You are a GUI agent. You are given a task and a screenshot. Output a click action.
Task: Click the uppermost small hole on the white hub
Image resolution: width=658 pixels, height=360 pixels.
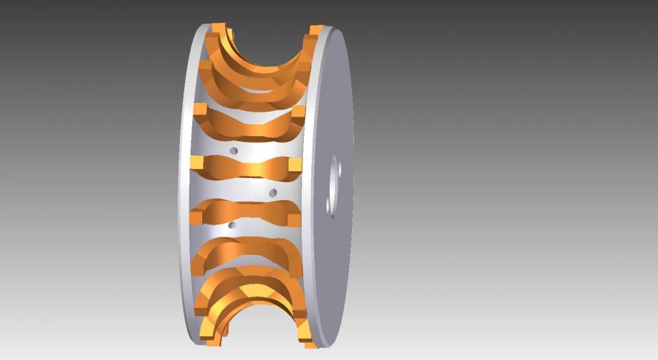(x=233, y=150)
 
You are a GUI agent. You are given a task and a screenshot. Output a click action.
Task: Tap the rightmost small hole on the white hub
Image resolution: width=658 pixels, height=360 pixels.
(x=273, y=192)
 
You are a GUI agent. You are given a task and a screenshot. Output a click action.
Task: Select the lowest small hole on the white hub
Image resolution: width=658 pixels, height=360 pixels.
(x=231, y=225)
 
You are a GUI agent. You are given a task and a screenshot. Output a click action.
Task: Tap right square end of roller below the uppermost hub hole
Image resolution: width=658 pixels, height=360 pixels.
(x=294, y=165)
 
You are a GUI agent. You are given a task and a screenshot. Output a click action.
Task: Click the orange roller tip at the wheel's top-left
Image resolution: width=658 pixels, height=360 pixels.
(x=217, y=30)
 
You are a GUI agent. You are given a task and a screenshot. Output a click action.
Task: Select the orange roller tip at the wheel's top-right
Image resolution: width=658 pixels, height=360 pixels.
(x=315, y=30)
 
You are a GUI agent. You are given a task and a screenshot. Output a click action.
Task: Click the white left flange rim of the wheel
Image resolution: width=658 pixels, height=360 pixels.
(x=184, y=180)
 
